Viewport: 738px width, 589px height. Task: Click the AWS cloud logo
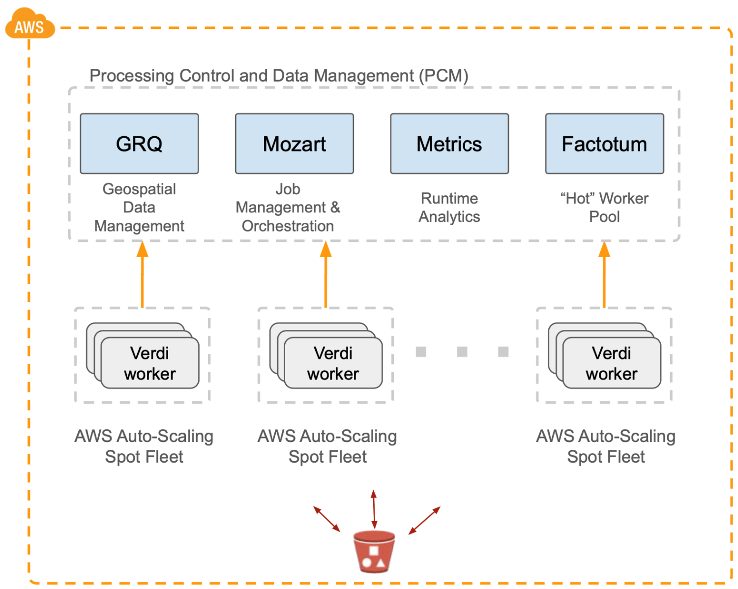pyautogui.click(x=30, y=25)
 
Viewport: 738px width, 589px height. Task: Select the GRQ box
pyautogui.click(x=139, y=144)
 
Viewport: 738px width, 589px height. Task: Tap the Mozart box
pyautogui.click(x=294, y=144)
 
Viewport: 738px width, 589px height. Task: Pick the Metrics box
pyautogui.click(x=449, y=144)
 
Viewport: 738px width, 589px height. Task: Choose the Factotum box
pyautogui.click(x=604, y=144)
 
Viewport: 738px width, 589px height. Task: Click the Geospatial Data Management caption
pyautogui.click(x=139, y=207)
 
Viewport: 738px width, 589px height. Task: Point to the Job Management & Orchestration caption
pyautogui.click(x=288, y=207)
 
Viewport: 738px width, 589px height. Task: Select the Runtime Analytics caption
pyautogui.click(x=449, y=207)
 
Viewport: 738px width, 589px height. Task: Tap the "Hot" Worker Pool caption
pyautogui.click(x=604, y=207)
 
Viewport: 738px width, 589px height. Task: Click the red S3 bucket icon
pyautogui.click(x=374, y=552)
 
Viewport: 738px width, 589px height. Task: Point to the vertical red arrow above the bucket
pyautogui.click(x=374, y=509)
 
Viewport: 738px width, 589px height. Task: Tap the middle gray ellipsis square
pyautogui.click(x=462, y=352)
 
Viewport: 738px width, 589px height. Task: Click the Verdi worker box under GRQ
pyautogui.click(x=149, y=363)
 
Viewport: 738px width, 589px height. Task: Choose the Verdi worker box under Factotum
pyautogui.click(x=611, y=363)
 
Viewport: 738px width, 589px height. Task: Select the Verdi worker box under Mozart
pyautogui.click(x=333, y=363)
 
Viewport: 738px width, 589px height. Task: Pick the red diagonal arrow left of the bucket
pyautogui.click(x=327, y=519)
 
